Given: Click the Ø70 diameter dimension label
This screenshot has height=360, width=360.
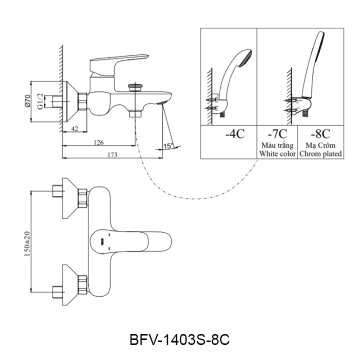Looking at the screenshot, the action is [27, 101].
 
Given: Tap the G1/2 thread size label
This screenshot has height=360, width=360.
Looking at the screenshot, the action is [40, 101].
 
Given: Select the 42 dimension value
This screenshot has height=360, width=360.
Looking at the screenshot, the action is [74, 129].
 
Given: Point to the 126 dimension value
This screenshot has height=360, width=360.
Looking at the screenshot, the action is [99, 142].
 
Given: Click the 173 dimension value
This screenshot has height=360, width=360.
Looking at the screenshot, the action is [112, 155].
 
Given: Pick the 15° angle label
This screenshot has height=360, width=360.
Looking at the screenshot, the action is [168, 146].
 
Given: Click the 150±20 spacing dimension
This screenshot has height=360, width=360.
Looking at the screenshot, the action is [27, 244].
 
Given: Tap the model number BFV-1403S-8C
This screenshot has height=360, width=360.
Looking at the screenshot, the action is [180, 340].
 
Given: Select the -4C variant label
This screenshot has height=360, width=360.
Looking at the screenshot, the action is [234, 134].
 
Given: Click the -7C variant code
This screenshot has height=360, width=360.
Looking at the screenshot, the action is [277, 134].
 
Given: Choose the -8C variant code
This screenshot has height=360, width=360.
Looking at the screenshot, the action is [320, 134].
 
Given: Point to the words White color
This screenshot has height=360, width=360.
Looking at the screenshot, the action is [277, 153].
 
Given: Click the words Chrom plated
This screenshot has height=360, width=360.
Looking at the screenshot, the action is [320, 153].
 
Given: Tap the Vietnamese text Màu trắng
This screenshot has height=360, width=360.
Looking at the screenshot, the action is [277, 145].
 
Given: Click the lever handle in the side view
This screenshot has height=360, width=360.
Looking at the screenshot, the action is [119, 65].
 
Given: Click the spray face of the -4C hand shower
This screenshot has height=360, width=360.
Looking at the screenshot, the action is [246, 58].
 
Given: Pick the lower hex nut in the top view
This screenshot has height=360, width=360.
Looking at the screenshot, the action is [83, 285].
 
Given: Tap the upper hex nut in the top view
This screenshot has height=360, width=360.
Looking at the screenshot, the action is [83, 198].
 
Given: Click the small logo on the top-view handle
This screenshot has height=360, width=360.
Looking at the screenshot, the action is [103, 241].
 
